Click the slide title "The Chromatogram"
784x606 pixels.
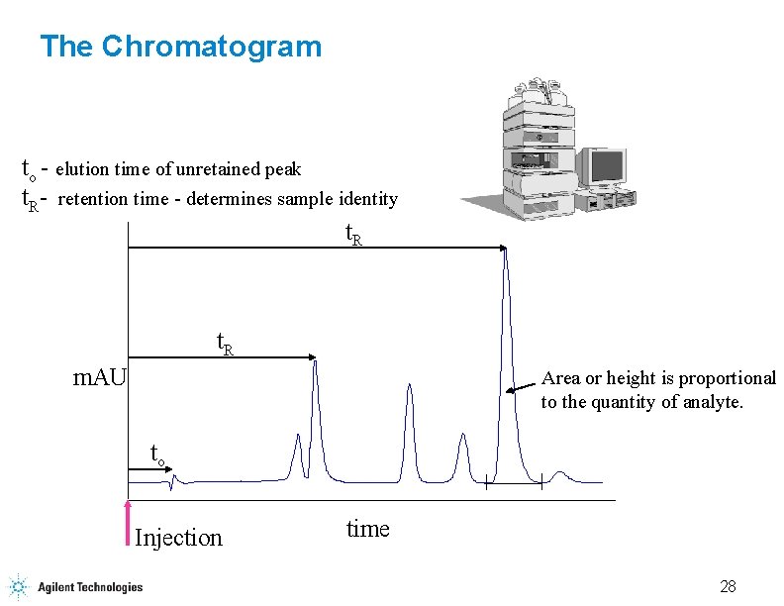[180, 47]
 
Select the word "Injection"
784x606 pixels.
[178, 538]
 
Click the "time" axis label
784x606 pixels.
[368, 529]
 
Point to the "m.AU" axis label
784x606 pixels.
[101, 376]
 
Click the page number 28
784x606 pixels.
[728, 586]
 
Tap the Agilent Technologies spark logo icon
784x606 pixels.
[18, 586]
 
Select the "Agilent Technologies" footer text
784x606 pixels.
[90, 587]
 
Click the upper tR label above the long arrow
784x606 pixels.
[353, 235]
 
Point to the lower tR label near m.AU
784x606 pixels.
[226, 344]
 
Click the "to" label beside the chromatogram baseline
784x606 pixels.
[156, 454]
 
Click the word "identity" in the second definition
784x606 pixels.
[368, 199]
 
